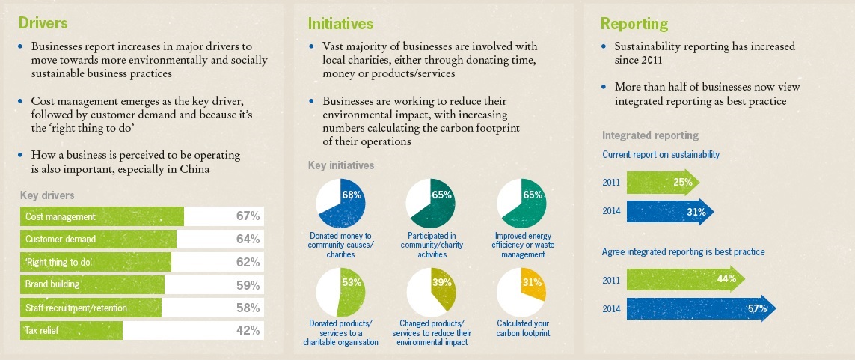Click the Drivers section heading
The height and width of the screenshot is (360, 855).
[43, 22]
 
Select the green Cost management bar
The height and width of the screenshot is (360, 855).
[102, 216]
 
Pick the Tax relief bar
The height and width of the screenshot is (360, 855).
[71, 330]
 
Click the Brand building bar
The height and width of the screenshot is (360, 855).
[92, 284]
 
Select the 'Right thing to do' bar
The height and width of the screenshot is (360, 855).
[95, 262]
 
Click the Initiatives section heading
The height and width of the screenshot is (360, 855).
[340, 22]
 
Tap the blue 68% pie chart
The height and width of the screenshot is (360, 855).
[340, 204]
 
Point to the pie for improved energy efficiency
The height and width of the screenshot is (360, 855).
[521, 204]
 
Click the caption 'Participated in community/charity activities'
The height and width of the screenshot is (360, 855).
[431, 245]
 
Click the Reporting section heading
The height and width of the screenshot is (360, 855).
[634, 23]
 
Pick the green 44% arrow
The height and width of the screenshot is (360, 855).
[685, 279]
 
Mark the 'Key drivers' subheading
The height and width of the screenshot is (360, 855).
[46, 195]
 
